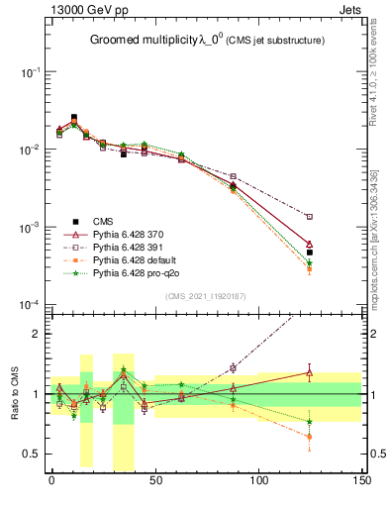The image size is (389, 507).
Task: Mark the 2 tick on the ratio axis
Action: (x=38, y=334)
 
